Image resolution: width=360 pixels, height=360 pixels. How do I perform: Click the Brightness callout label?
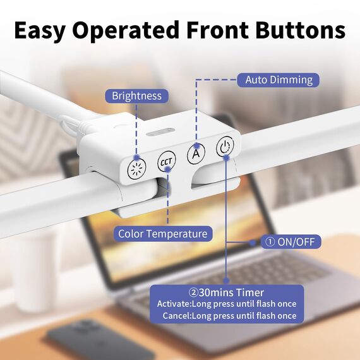pos(136,96)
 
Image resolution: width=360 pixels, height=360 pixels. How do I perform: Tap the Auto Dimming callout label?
pos(279,80)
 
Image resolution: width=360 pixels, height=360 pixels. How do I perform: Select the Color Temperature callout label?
pos(163,234)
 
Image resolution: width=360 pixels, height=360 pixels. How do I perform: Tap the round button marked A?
pos(196,153)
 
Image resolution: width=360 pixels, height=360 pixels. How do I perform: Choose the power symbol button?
pos(225,148)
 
